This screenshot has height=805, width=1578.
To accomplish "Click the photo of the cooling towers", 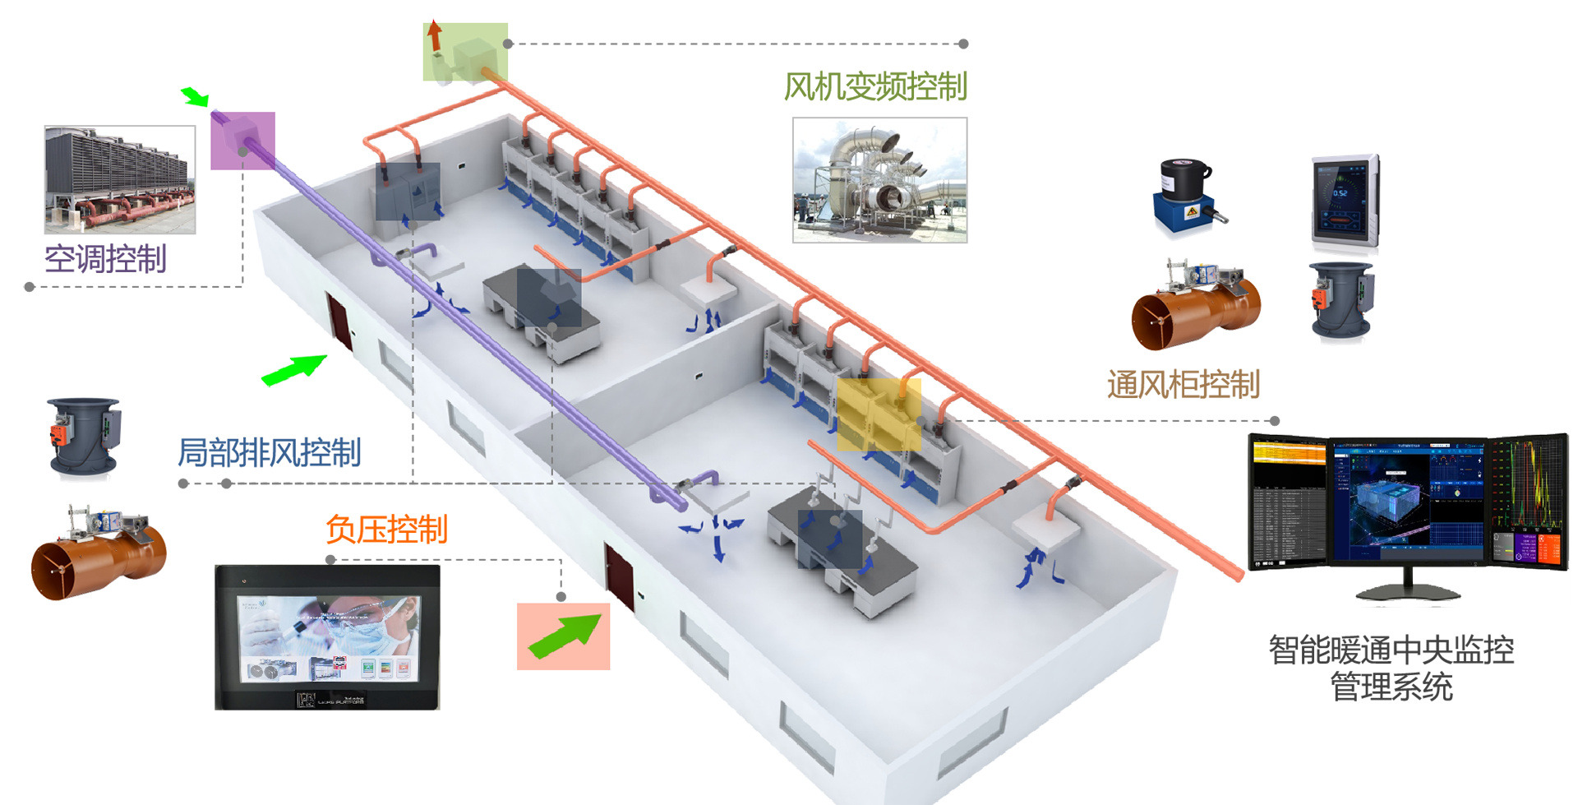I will tap(120, 180).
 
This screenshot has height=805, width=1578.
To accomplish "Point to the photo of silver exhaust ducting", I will tap(879, 179).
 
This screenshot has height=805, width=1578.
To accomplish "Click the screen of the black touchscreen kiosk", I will tap(328, 638).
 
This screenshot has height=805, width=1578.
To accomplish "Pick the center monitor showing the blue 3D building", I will tap(1408, 502).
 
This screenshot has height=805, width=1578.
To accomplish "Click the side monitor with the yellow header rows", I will tap(1287, 502).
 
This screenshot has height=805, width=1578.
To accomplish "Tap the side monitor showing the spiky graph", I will tap(1529, 502).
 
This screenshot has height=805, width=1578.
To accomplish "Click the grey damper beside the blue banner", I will tap(82, 436).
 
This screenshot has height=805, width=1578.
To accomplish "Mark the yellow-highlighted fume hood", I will tap(878, 415).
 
